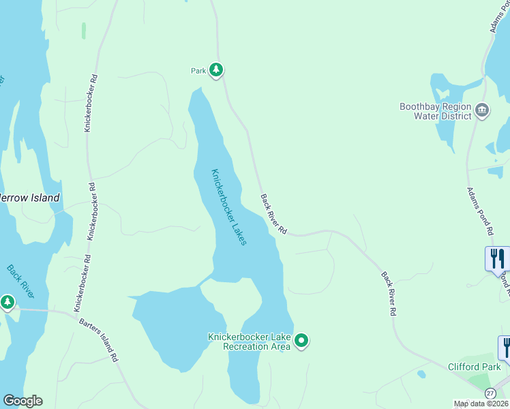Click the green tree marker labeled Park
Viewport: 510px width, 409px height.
click(x=216, y=70)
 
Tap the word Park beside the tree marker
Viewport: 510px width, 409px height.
click(x=198, y=70)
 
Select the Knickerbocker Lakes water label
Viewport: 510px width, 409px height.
click(x=228, y=207)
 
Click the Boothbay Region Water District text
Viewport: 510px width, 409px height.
click(x=436, y=111)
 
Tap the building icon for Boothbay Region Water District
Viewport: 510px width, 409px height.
click(x=482, y=110)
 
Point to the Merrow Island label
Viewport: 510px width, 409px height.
click(x=29, y=198)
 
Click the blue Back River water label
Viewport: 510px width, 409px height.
click(x=20, y=282)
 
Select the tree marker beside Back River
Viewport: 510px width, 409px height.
click(x=7, y=301)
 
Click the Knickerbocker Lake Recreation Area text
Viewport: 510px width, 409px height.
click(x=250, y=342)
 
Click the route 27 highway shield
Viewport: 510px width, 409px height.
click(x=490, y=394)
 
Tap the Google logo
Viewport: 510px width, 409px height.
click(x=22, y=401)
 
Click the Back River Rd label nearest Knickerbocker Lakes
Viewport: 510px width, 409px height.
click(x=273, y=215)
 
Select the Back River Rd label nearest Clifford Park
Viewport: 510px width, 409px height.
click(x=388, y=294)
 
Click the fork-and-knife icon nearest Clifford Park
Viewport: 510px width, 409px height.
click(x=505, y=347)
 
